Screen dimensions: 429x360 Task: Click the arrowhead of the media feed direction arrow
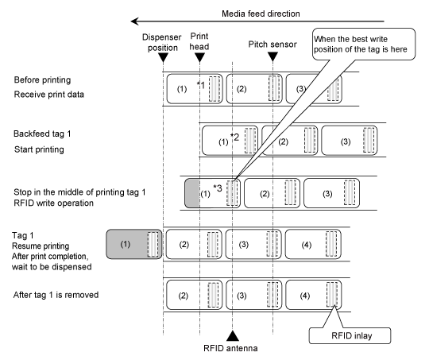[134, 21]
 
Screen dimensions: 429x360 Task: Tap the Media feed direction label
[261, 14]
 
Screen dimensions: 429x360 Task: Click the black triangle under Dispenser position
[164, 58]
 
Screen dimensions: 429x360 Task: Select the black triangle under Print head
[199, 58]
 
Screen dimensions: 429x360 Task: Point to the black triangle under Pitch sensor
[272, 56]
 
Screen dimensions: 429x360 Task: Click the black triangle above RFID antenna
[233, 336]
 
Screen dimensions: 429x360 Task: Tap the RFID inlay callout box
[350, 335]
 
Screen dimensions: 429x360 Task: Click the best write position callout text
[361, 44]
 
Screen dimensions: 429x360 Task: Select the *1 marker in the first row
[201, 85]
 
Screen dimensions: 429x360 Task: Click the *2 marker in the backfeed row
[234, 137]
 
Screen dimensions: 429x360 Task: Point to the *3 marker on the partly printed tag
[218, 188]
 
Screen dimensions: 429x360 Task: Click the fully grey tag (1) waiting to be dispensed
[134, 244]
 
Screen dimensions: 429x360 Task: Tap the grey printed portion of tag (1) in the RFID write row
[192, 193]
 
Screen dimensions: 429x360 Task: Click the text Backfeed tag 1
[42, 134]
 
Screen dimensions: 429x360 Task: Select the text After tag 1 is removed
[56, 295]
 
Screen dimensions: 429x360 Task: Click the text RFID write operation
[54, 203]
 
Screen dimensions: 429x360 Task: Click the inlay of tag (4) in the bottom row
[332, 294]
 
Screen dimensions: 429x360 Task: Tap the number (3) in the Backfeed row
[346, 141]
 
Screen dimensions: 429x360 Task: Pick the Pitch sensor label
[272, 45]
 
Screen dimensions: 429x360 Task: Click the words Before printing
[42, 80]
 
